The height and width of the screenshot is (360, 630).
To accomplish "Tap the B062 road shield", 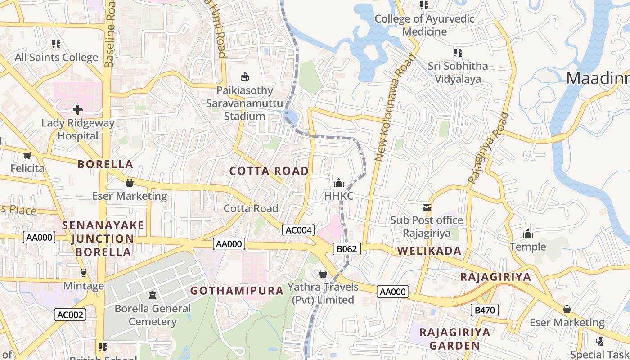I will click(x=347, y=249).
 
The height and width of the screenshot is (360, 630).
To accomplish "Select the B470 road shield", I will click(x=485, y=310).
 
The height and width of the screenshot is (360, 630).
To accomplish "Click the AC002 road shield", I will click(x=70, y=315).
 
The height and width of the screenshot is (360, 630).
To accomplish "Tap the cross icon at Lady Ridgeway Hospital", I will click(x=78, y=109).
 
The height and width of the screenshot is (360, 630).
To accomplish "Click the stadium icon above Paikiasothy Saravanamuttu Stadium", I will click(x=245, y=76).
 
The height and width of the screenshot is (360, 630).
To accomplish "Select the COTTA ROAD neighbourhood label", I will click(x=269, y=171).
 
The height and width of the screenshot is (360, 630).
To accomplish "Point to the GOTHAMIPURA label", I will click(x=237, y=291).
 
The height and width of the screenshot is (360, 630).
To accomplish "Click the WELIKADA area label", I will click(x=429, y=251).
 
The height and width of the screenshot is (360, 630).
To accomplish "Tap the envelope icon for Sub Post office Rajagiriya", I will click(x=426, y=207).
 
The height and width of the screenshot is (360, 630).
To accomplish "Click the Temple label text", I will click(x=528, y=247).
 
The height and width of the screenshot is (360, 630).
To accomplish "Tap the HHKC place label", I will click(x=338, y=196).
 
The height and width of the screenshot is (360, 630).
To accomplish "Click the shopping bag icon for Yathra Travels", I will click(x=323, y=274).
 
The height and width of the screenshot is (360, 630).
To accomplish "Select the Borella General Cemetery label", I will click(x=153, y=315).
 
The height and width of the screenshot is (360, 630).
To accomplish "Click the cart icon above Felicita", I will click(x=27, y=156).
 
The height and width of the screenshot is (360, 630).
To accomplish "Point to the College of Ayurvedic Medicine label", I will click(x=424, y=25).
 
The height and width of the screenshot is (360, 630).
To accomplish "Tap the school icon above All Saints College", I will click(x=56, y=44).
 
